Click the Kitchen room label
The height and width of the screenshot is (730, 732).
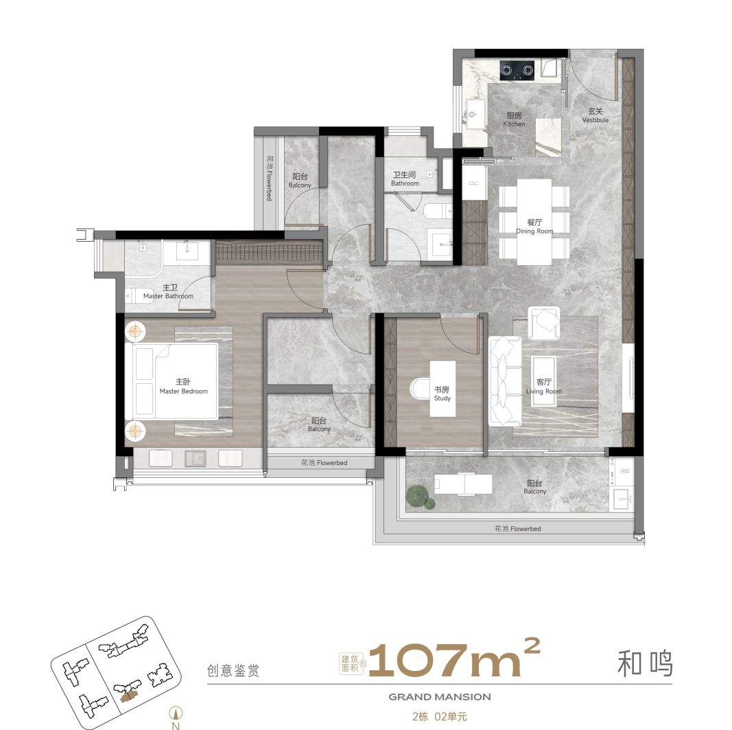pos(514,119)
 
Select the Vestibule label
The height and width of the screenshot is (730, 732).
pos(595,115)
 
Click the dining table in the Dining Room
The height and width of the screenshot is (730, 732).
pos(534,222)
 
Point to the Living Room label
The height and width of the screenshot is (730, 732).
pos(544,387)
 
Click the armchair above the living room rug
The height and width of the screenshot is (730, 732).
pos(544,323)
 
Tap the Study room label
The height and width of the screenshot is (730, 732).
pos(442,393)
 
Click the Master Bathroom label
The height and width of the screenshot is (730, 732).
pos(169,292)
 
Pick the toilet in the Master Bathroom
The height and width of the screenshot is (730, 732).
pos(135,296)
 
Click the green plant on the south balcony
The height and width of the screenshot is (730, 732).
pos(418,496)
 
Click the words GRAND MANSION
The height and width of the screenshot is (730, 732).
pos(440,696)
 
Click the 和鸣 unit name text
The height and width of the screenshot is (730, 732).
pos(644,663)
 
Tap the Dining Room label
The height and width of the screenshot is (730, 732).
pos(534,227)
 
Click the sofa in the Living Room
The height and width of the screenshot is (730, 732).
pos(504,380)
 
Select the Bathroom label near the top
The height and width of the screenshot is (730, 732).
pos(405,179)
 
